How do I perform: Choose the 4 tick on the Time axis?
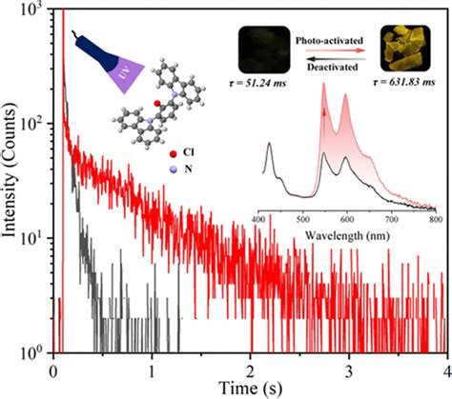pyautogui.click(x=444, y=369)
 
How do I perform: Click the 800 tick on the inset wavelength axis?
pyautogui.click(x=434, y=217)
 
